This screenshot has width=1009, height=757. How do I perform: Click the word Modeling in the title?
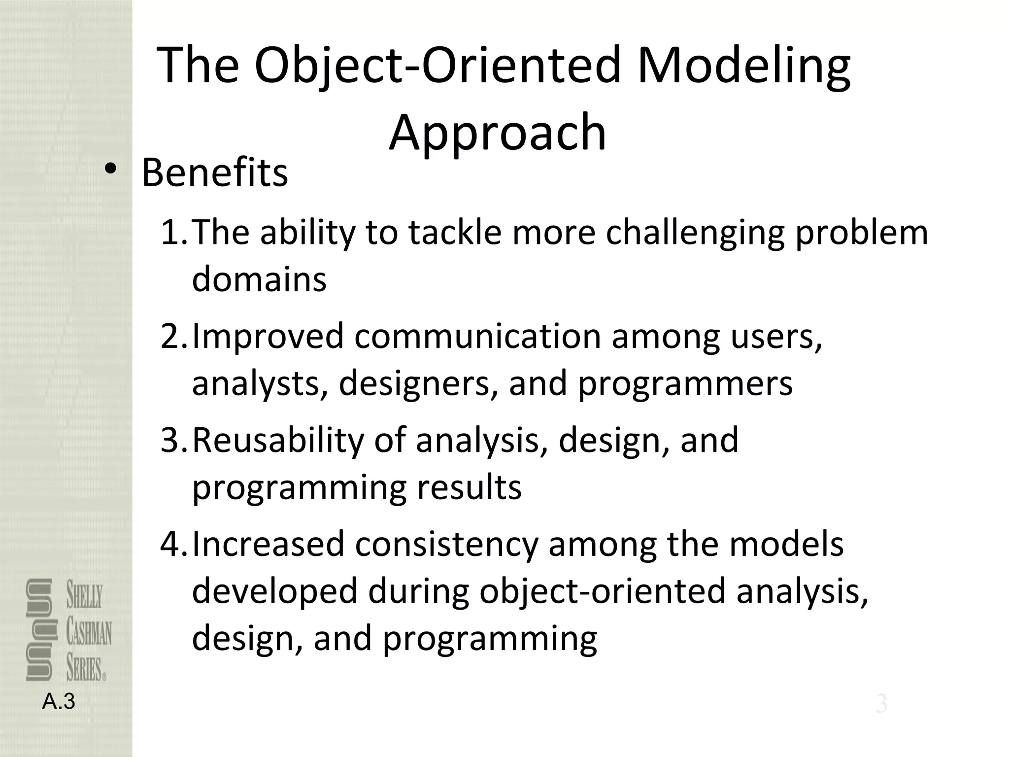pyautogui.click(x=743, y=67)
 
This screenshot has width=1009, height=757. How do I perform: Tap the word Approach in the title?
pyautogui.click(x=498, y=132)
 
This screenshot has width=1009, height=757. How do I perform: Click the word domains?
pyautogui.click(x=259, y=279)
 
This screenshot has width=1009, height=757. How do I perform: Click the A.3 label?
pyautogui.click(x=59, y=702)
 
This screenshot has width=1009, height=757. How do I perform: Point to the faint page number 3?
pyautogui.click(x=881, y=704)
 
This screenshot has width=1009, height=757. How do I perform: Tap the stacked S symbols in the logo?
pyautogui.click(x=39, y=630)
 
